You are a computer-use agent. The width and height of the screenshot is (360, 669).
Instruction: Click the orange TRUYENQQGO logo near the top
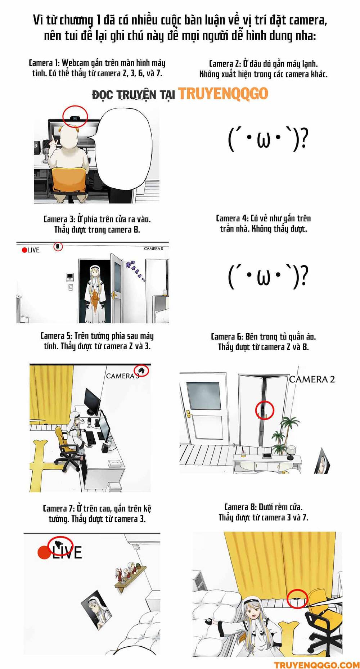point(223,94)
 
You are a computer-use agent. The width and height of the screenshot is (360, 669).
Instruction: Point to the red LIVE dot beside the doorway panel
point(24,250)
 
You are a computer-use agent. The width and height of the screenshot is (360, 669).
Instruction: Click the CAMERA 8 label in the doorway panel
point(153,248)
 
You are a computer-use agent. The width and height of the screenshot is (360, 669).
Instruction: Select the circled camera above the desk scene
point(141,370)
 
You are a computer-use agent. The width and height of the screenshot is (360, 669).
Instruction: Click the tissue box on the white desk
point(115,463)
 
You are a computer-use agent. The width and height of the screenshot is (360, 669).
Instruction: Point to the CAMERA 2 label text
point(312,379)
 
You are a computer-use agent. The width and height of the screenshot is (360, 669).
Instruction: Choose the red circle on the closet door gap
point(265,410)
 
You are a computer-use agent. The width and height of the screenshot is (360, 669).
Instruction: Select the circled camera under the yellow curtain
point(297,598)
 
